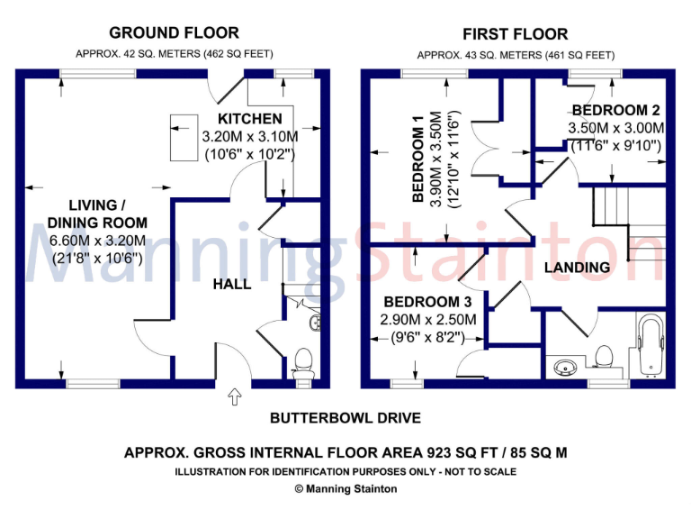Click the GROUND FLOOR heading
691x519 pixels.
point(175,33)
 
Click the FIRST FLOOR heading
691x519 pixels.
point(516,35)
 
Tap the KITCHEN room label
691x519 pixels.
point(249,119)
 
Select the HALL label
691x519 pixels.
point(232,285)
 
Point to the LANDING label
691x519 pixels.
point(577,268)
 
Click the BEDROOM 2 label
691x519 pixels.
point(616,111)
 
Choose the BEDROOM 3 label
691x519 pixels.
point(421,302)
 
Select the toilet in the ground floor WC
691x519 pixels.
point(303,361)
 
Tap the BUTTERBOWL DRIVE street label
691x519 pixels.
point(345,419)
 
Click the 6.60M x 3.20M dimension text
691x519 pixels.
point(97,241)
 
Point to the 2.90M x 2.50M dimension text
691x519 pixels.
point(422,320)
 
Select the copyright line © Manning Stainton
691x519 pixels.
point(345,488)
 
